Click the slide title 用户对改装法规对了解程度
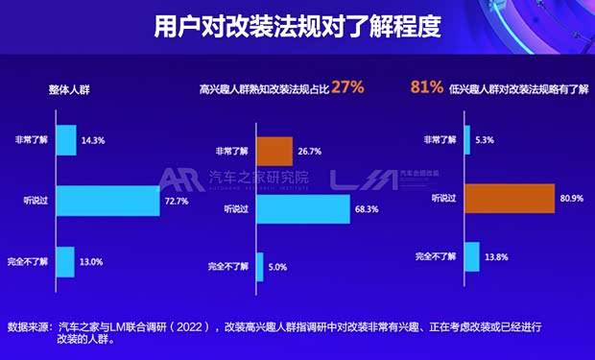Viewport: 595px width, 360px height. tap(297, 27)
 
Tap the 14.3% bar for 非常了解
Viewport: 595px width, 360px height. tap(66, 140)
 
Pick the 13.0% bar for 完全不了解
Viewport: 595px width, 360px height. tap(65, 261)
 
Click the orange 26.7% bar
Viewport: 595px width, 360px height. tap(274, 151)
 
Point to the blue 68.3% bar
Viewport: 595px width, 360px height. tap(302, 208)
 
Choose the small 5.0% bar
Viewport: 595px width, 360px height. tap(258, 266)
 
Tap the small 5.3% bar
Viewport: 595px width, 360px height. tap(467, 139)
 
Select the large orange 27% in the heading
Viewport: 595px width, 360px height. tap(349, 86)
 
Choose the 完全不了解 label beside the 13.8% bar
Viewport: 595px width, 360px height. tap(437, 256)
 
